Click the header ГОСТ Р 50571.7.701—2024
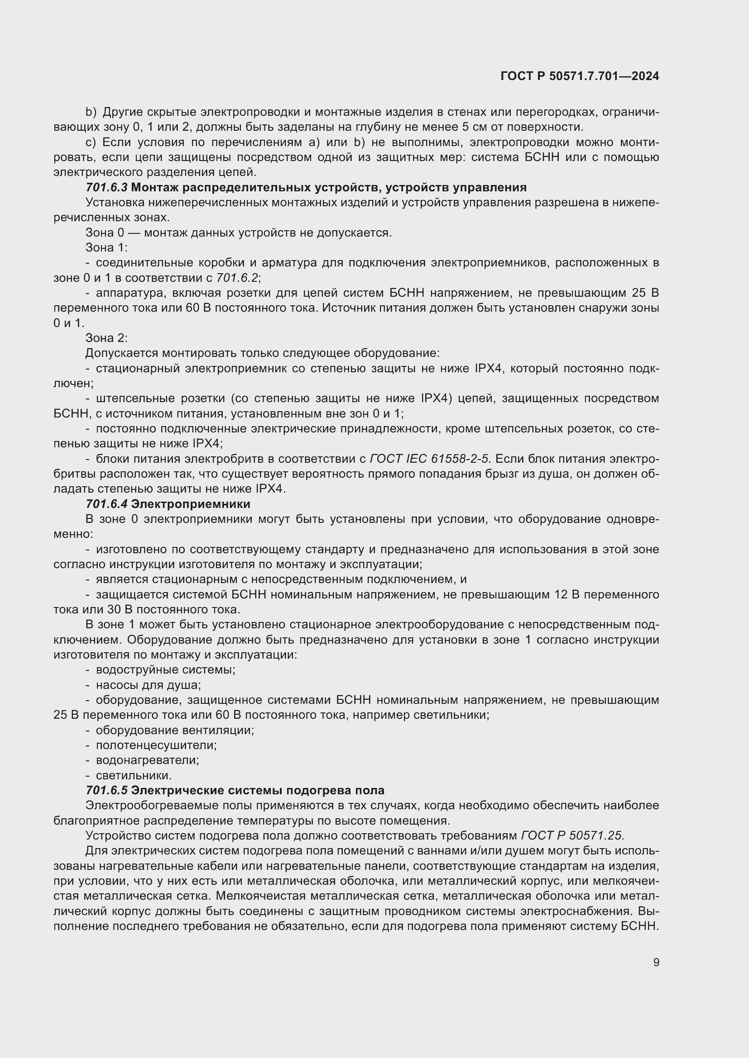click(x=579, y=76)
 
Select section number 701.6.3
click(x=106, y=188)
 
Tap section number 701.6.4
click(x=106, y=503)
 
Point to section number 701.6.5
click(x=106, y=790)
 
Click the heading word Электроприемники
click(x=191, y=503)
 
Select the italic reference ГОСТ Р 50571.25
click(x=572, y=835)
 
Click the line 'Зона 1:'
click(x=106, y=248)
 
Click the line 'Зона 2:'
click(x=106, y=338)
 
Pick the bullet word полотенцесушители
click(x=156, y=745)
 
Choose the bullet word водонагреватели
click(x=147, y=760)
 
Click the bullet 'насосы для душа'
click(x=148, y=685)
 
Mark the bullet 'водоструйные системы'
click(x=165, y=669)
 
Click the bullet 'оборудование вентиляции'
click(x=175, y=730)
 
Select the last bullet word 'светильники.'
click(x=133, y=775)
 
